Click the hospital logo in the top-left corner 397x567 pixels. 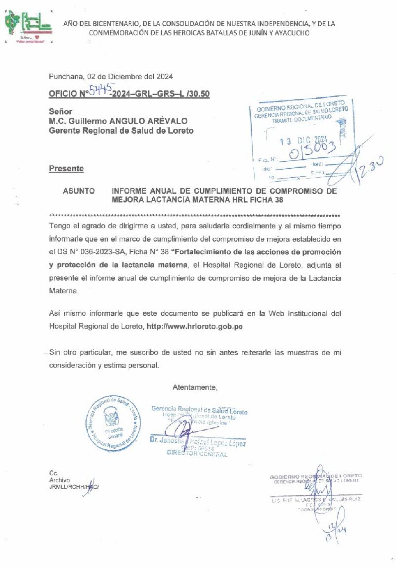click(x=28, y=27)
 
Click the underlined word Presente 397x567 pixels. click(x=66, y=169)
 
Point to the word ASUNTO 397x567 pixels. click(x=79, y=191)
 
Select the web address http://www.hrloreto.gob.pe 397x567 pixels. click(x=195, y=326)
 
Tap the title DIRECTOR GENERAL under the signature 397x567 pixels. click(x=197, y=454)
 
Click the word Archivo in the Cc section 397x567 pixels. click(x=59, y=480)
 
